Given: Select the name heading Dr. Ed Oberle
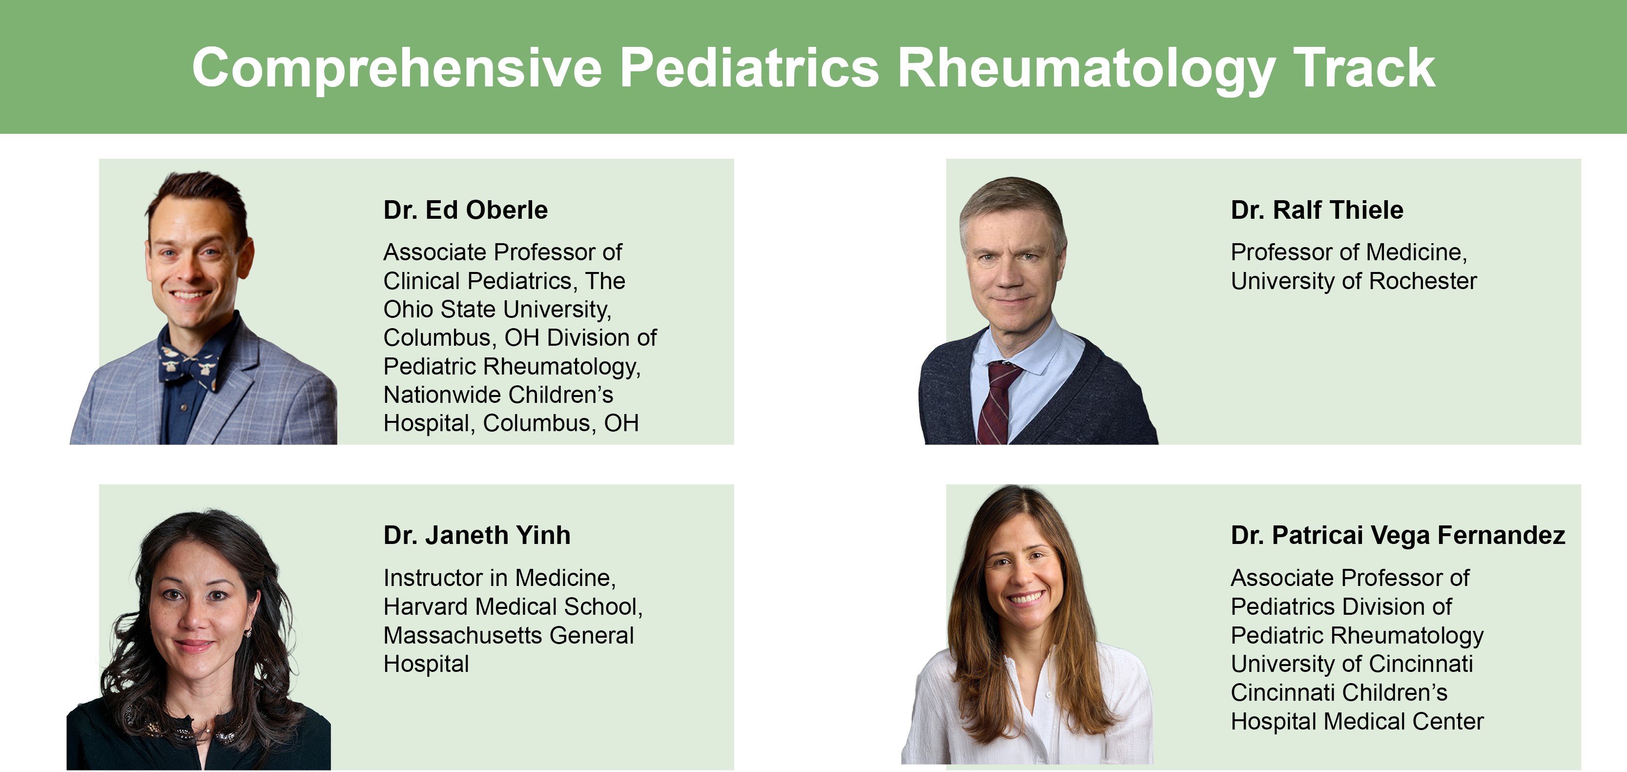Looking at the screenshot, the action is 466,210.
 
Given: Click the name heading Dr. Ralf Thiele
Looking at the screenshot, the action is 1317,210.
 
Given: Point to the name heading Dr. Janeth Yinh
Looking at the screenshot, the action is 477,535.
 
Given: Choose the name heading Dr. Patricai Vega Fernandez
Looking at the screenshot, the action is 1398,535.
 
